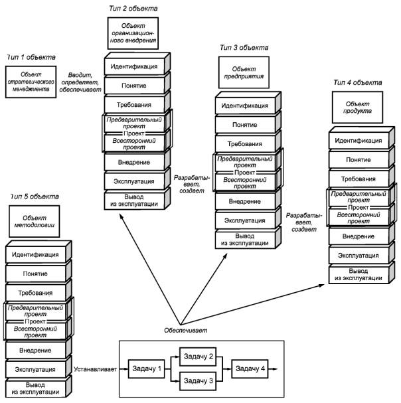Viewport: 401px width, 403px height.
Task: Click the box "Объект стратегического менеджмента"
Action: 31,82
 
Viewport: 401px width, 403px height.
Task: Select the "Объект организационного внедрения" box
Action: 133,33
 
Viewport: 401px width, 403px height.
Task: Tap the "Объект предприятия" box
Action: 244,72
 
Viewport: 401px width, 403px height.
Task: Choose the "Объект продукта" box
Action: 357,107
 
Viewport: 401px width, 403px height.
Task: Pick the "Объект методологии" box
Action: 34,221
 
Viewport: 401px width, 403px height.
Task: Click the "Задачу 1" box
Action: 146,369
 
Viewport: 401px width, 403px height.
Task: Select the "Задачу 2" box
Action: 198,357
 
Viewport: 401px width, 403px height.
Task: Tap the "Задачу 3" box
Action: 198,381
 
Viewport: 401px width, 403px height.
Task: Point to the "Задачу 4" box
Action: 250,369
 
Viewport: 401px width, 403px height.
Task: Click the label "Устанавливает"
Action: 96,369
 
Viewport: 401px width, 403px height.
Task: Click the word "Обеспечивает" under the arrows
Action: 186,330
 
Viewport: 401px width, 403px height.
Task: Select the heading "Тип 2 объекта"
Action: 133,8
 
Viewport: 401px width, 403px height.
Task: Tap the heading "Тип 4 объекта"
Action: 358,82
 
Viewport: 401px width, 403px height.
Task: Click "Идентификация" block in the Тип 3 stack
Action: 245,106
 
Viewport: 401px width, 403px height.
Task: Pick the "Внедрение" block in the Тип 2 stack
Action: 134,162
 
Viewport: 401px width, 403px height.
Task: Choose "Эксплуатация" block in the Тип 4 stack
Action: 359,256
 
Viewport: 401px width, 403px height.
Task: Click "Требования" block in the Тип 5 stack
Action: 35,293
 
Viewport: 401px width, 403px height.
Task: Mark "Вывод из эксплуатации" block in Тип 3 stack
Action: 245,240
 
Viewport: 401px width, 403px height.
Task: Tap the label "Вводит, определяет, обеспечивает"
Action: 80,82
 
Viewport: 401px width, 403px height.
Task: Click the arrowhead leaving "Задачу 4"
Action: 275,369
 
